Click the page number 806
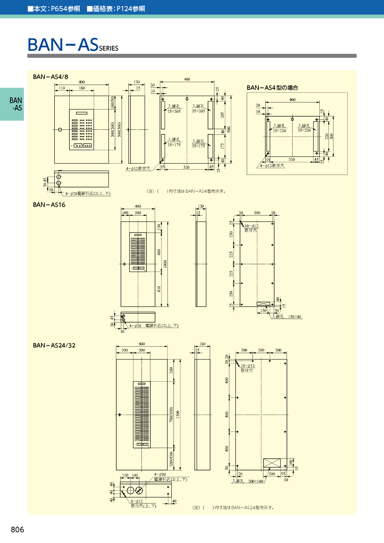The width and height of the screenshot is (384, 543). coord(17,529)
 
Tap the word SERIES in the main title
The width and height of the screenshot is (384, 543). coord(108,48)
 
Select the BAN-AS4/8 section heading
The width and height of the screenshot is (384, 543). coord(50,77)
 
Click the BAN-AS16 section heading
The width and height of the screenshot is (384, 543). coord(49,205)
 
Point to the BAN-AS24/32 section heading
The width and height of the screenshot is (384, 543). coord(54,345)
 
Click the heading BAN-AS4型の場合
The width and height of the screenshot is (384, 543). coord(272,87)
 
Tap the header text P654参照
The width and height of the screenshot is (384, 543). coord(65,9)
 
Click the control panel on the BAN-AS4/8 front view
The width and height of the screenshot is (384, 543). coord(81,129)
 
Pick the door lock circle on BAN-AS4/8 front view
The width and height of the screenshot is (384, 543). coord(60,129)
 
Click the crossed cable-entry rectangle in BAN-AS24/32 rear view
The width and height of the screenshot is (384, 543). coord(272,463)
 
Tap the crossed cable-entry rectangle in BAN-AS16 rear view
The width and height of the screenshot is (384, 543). coord(263,304)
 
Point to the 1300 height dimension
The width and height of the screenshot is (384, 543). coord(177,414)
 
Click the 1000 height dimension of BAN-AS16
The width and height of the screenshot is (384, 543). coord(165,264)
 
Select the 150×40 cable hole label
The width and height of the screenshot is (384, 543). coord(294,316)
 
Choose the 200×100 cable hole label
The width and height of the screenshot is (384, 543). coord(256,481)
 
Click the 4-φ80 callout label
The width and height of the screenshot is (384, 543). coord(160,474)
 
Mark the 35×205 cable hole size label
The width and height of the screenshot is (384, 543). coord(198,111)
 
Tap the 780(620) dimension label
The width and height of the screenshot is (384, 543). coord(171,414)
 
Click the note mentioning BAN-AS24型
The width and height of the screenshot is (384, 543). coord(234,507)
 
